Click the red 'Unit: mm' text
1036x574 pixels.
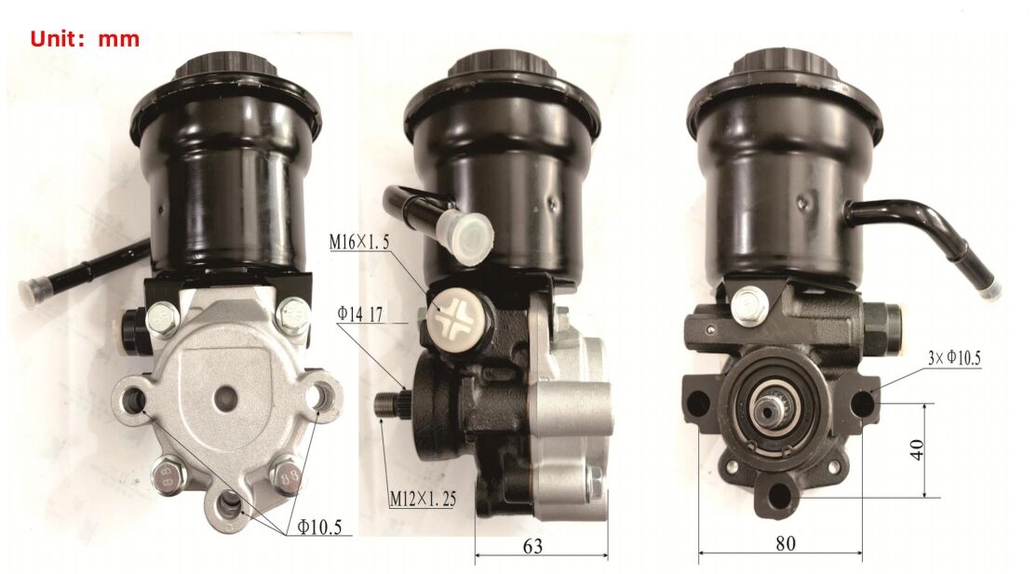(85, 38)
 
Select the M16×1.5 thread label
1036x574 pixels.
(359, 242)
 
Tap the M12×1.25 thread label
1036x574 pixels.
(423, 498)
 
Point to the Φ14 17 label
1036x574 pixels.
(360, 314)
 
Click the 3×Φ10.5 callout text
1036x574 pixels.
(954, 358)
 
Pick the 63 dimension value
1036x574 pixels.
(532, 546)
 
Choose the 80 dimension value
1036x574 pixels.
(785, 543)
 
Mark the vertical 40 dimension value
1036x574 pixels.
(917, 450)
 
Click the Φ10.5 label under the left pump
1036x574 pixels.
(319, 527)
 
